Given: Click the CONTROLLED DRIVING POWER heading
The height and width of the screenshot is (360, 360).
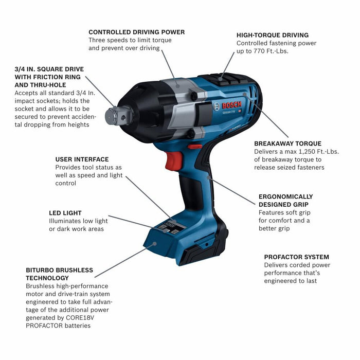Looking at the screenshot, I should tap(136, 32).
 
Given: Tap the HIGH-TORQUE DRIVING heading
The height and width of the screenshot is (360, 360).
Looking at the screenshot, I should tap(273, 35).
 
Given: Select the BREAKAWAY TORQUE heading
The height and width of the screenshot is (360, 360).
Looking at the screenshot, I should tap(287, 143).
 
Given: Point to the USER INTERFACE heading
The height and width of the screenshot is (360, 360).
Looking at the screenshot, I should tap(82, 159).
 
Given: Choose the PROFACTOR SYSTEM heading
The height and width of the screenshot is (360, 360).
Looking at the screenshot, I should tap(297, 257).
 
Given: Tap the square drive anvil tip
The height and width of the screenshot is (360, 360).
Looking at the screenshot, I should tap(111, 116).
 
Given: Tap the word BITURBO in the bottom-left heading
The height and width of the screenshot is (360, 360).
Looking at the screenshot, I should tap(41, 270).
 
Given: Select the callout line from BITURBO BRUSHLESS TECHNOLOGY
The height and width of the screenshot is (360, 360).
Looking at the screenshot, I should tap(123, 262).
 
